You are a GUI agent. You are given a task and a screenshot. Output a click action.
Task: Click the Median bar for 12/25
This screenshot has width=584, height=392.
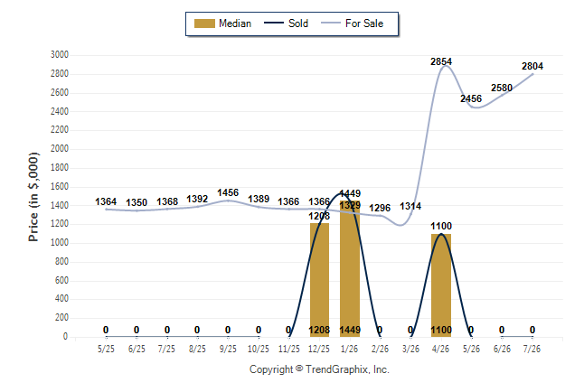tap(319, 280)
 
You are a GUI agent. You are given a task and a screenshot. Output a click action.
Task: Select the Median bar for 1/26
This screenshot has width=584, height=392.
tap(350, 269)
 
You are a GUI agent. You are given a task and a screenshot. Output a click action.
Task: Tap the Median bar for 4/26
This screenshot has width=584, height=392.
tap(441, 285)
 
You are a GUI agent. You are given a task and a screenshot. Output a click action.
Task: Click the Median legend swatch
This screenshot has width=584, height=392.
tap(204, 23)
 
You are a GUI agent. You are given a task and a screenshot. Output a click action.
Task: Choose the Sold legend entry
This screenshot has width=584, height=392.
tap(286, 23)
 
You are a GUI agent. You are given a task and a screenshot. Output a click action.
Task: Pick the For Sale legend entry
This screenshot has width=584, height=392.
tap(352, 23)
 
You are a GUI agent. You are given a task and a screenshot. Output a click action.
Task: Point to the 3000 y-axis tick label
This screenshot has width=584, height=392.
tap(60, 55)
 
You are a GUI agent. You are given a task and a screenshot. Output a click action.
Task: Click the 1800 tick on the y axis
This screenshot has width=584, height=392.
tap(60, 167)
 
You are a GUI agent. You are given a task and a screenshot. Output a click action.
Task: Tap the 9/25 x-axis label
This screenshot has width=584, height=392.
tap(228, 349)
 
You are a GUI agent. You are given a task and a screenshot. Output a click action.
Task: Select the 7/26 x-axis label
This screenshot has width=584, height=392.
tap(532, 349)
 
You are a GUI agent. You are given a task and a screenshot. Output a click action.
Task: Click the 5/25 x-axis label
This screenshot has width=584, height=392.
tap(106, 349)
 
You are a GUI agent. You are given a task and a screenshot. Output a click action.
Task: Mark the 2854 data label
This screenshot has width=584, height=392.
tap(441, 61)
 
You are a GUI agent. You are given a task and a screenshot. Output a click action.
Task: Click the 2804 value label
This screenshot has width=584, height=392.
tap(532, 66)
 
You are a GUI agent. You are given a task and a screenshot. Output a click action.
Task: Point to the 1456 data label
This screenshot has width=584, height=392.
tap(228, 192)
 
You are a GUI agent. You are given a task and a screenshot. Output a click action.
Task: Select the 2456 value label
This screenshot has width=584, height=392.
tap(471, 98)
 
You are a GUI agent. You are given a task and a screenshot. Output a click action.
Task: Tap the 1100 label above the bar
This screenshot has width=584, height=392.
tap(441, 226)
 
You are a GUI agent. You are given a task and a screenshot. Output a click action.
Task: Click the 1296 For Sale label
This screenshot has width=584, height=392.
tap(380, 208)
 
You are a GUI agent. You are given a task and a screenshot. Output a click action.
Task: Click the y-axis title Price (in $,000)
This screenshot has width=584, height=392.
tap(33, 197)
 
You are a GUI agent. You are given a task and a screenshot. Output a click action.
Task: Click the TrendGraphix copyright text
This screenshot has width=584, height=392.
tap(319, 369)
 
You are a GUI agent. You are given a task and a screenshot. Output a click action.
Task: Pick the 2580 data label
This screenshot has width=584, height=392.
tap(502, 88)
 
